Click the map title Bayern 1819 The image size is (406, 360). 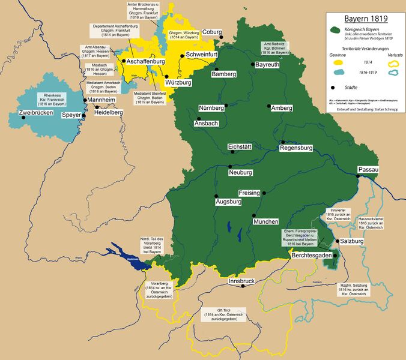tap(363, 19)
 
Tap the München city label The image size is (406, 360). tap(265, 222)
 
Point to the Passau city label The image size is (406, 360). tap(369, 170)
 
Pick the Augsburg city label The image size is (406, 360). tap(228, 202)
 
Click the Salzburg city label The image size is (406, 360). tap(353, 241)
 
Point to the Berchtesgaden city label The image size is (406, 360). tap(311, 256)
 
